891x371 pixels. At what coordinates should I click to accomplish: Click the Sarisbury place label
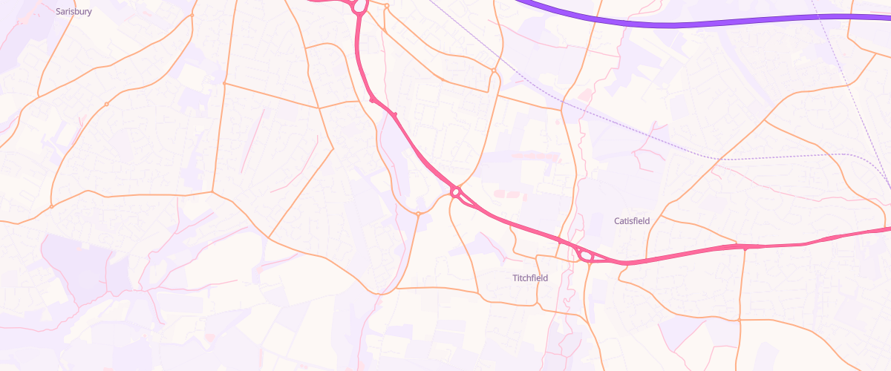(74, 12)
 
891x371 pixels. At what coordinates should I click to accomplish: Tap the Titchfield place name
(530, 278)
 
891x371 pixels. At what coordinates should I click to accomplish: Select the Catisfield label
(632, 221)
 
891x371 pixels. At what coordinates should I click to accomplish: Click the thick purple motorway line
(668, 24)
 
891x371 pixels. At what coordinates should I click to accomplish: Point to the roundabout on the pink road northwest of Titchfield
(456, 193)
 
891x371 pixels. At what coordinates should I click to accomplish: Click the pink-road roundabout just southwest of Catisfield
(586, 256)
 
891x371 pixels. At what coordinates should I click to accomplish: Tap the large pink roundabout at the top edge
(359, 6)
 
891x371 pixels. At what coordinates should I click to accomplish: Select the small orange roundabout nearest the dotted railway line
(494, 70)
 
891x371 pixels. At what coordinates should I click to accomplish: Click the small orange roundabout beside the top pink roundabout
(387, 7)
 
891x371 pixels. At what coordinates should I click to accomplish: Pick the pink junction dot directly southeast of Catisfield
(745, 248)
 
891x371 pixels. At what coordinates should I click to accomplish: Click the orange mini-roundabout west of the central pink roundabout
(418, 214)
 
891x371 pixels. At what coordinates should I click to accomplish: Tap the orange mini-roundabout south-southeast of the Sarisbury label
(107, 104)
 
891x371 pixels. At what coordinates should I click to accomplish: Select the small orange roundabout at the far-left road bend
(51, 206)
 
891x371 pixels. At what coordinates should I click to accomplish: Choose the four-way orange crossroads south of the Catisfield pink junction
(740, 320)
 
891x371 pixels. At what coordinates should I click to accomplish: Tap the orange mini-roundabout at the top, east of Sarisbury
(192, 15)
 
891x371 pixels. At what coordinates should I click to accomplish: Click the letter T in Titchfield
(515, 278)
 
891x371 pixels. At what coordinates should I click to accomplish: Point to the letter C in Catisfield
(617, 221)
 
